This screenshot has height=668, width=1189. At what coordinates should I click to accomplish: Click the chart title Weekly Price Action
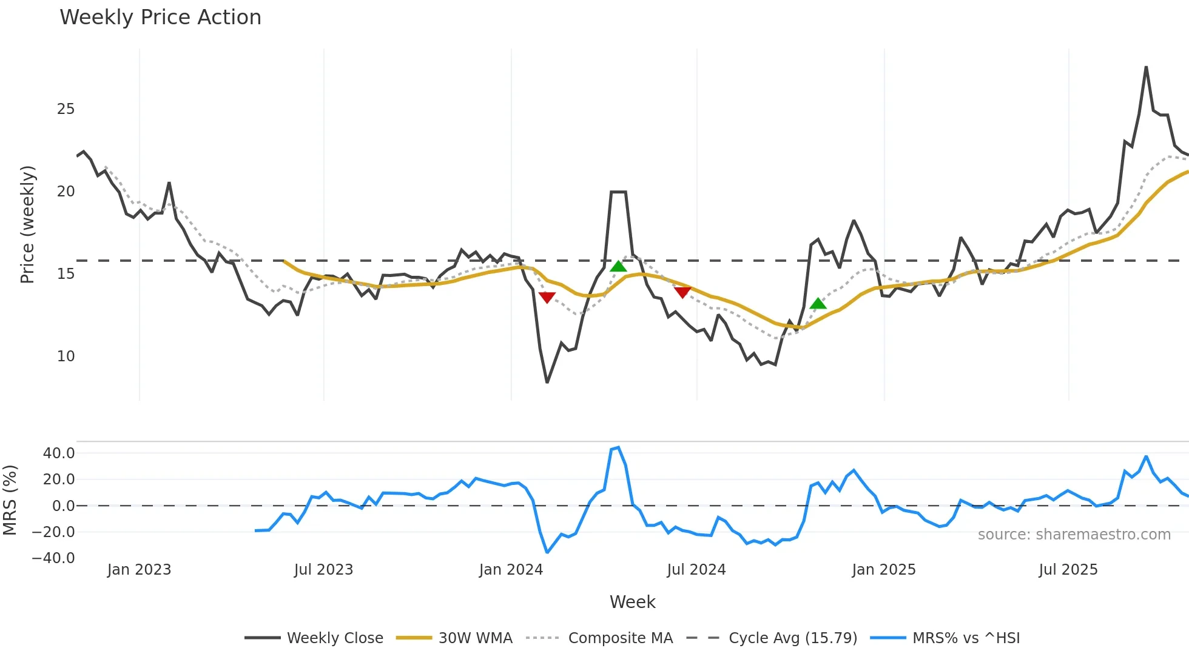click(160, 18)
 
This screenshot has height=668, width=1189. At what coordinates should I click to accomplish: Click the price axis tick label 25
click(66, 109)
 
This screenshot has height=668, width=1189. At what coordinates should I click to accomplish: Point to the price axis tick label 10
click(66, 356)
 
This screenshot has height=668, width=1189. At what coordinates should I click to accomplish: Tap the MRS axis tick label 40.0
click(59, 453)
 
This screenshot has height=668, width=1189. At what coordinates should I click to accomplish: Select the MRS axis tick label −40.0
click(53, 558)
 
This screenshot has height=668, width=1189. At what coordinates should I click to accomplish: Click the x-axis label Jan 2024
click(511, 570)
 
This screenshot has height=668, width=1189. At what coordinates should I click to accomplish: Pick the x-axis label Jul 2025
click(1068, 570)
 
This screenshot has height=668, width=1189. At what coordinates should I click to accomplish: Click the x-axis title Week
click(632, 602)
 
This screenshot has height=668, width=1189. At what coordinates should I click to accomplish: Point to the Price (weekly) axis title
click(28, 224)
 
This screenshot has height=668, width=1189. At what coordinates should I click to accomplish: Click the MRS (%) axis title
click(10, 500)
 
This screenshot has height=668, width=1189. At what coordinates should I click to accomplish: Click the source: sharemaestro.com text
click(1074, 535)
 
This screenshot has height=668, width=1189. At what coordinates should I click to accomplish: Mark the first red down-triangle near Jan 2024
click(547, 298)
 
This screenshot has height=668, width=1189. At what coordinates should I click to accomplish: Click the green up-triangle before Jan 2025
click(818, 304)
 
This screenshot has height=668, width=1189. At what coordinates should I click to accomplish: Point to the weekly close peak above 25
click(1146, 67)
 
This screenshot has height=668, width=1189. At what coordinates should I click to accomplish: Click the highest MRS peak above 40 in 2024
click(618, 448)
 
